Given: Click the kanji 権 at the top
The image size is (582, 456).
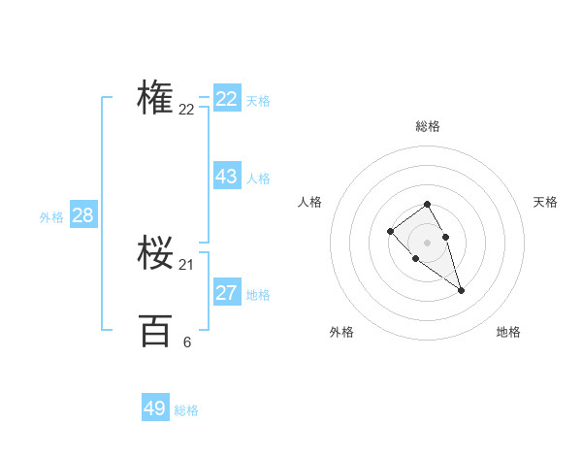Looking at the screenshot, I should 155,97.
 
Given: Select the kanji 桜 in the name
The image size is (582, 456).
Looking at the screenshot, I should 155,254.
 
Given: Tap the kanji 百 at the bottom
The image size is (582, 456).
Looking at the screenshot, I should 155,331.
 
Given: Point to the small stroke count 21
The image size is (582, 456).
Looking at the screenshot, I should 186,265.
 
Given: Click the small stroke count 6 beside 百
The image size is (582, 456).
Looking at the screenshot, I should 186,342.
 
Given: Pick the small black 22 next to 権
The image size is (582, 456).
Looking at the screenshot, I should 186,110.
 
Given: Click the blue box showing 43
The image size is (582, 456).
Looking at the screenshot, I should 226,177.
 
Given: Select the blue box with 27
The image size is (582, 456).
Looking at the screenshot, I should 226,293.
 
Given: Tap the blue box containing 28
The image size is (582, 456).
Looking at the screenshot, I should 82,215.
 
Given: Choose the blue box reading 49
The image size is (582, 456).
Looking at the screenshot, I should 154,408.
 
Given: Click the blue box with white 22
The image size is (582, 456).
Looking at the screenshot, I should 226,99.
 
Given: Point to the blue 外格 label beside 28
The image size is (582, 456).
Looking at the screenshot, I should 51,217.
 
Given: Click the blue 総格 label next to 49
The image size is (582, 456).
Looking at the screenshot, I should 186,410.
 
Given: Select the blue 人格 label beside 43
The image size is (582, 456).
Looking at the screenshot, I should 258,179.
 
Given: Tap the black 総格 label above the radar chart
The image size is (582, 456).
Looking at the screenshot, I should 427,126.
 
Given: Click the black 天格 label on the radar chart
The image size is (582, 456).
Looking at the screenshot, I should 545,202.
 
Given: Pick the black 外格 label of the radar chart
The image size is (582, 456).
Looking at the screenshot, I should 341,332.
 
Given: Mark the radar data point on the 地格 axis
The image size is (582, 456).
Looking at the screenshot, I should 461,290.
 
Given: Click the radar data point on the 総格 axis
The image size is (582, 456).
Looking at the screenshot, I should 427,204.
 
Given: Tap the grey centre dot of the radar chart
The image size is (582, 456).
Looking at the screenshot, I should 427,242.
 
